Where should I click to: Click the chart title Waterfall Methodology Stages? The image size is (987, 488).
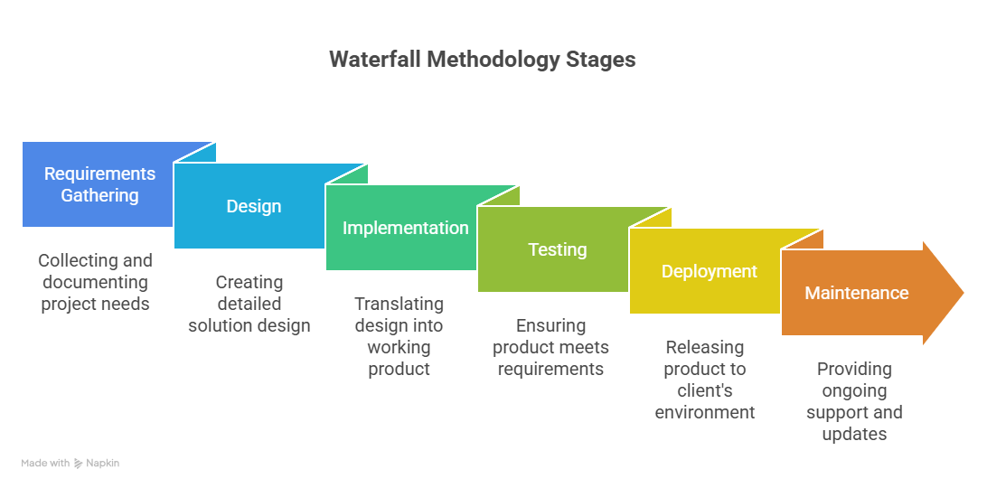pyautogui.click(x=482, y=60)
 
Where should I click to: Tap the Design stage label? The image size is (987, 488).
pyautogui.click(x=253, y=206)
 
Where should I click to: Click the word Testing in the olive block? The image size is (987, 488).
pyautogui.click(x=557, y=249)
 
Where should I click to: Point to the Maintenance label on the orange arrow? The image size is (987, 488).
pyautogui.click(x=856, y=293)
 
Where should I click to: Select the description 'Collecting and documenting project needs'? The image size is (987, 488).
pyautogui.click(x=95, y=282)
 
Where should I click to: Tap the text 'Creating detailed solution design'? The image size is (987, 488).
pyautogui.click(x=249, y=304)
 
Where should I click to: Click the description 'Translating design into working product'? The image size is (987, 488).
pyautogui.click(x=399, y=336)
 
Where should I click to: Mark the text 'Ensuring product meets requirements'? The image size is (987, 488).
pyautogui.click(x=550, y=347)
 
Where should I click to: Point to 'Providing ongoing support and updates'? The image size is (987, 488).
pyautogui.click(x=854, y=401)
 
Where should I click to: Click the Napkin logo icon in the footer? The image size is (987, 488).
pyautogui.click(x=79, y=463)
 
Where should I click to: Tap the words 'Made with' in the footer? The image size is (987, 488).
pyautogui.click(x=45, y=463)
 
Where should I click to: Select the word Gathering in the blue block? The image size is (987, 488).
pyautogui.click(x=99, y=195)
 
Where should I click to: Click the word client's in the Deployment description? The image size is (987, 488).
pyautogui.click(x=704, y=390)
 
